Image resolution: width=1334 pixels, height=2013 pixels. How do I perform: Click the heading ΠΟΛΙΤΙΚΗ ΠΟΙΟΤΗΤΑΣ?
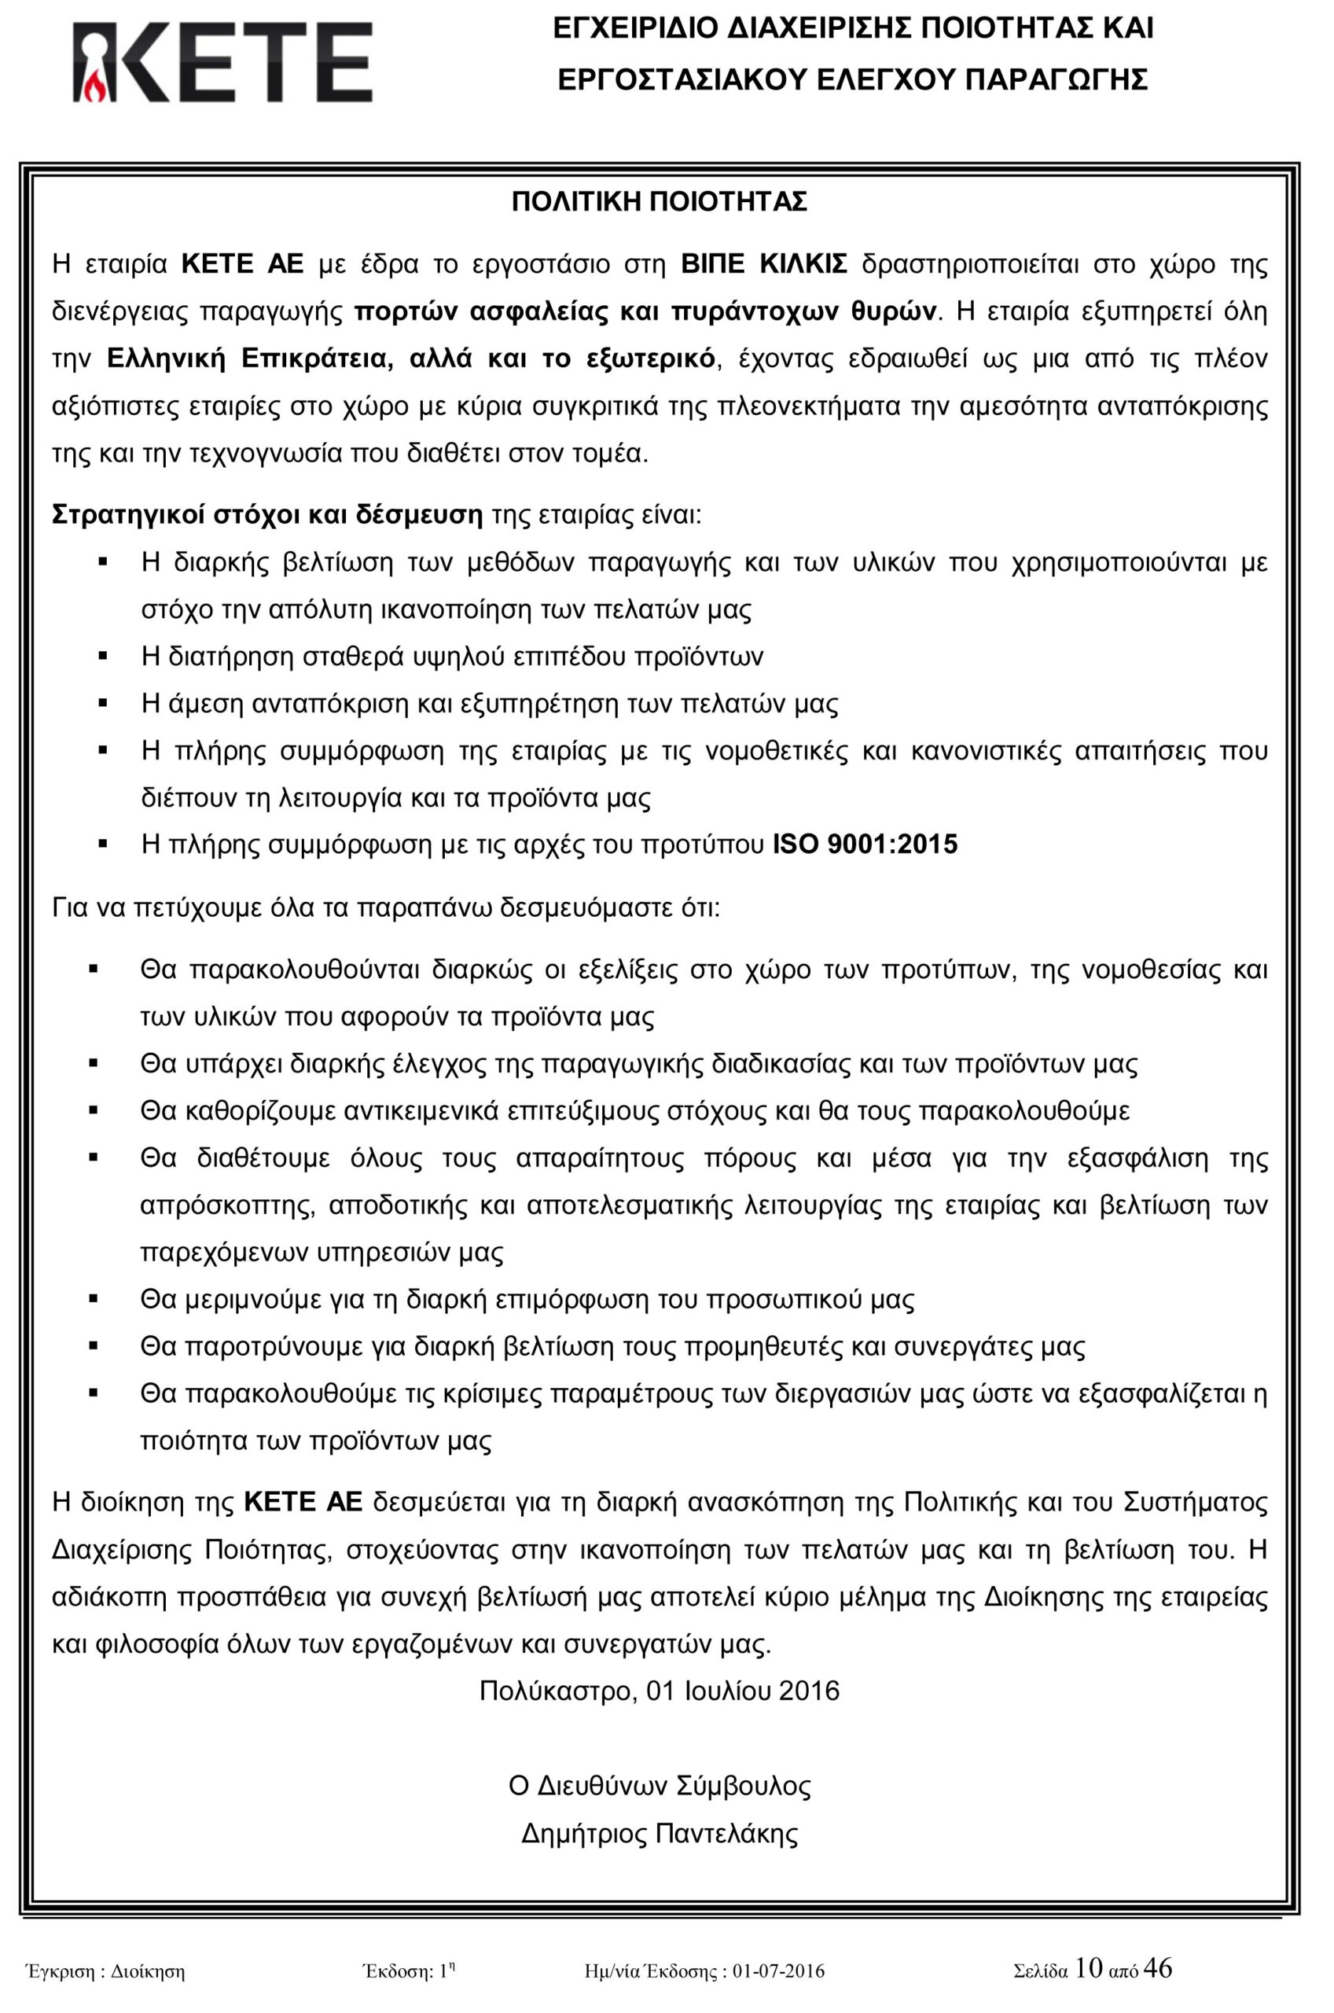pyautogui.click(x=660, y=203)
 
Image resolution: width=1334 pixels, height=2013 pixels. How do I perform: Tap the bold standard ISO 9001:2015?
pyautogui.click(x=865, y=844)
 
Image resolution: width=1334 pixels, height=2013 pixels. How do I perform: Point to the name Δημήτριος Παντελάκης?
pyautogui.click(x=660, y=1834)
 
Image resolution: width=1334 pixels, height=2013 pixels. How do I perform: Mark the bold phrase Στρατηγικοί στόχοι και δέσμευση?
pyautogui.click(x=267, y=516)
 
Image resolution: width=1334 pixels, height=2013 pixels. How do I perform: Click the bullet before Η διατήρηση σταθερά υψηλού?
pyautogui.click(x=105, y=656)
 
